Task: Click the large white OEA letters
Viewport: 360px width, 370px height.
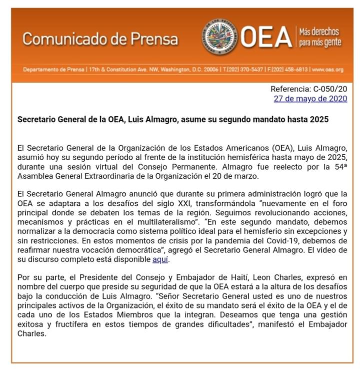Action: tap(265, 38)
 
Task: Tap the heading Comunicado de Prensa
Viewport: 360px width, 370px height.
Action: tap(100, 39)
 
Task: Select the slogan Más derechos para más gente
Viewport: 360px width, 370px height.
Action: tap(319, 38)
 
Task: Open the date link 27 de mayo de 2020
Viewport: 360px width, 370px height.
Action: tap(310, 99)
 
